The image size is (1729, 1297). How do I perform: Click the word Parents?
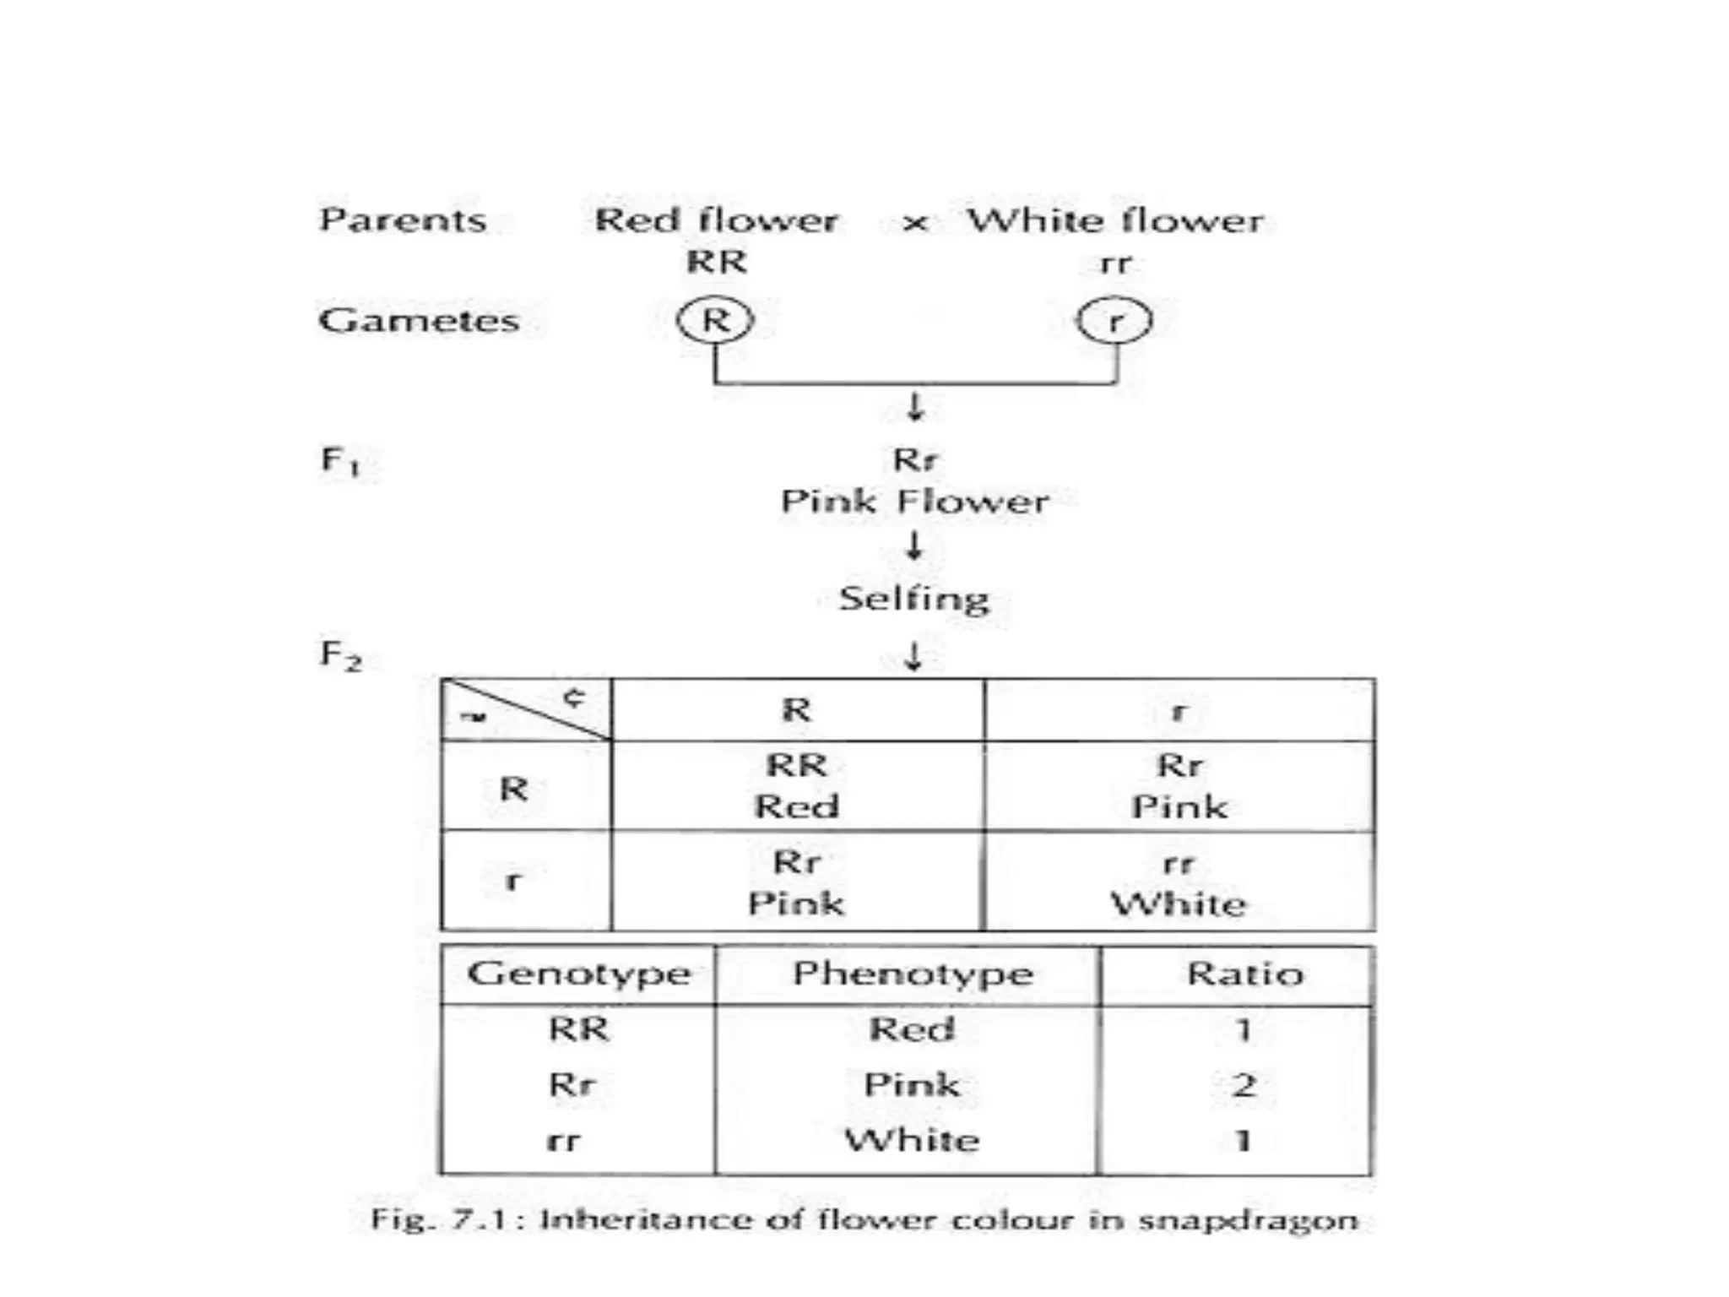[403, 220]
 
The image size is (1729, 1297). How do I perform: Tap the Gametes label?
[419, 321]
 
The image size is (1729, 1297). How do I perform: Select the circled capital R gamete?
[715, 320]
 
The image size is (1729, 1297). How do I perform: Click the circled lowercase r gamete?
[1114, 321]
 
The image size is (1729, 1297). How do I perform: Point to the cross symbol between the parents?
[915, 224]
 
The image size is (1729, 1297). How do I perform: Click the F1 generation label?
[340, 461]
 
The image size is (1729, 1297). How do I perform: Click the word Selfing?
[914, 599]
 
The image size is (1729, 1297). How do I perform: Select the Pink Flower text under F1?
[914, 502]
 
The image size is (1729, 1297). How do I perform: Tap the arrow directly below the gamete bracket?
[915, 407]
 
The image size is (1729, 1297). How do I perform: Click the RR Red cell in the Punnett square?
[797, 785]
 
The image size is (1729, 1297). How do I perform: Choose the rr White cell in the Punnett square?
[1179, 883]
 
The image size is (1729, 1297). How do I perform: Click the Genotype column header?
[579, 974]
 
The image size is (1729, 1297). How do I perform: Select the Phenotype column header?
[913, 974]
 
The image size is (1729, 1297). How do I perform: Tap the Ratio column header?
[1244, 974]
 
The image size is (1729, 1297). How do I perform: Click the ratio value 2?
[1243, 1084]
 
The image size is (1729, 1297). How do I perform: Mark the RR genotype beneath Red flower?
[717, 262]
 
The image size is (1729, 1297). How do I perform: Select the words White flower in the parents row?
[1115, 220]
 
